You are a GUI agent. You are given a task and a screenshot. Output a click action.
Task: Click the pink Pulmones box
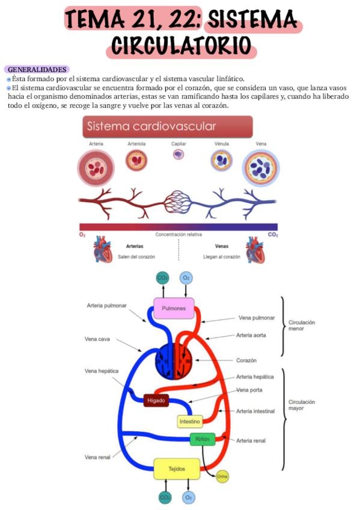(174, 308)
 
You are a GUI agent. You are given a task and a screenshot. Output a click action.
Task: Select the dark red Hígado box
(156, 401)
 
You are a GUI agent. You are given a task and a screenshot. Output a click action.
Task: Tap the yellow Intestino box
(190, 422)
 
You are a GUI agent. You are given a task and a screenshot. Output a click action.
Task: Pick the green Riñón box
(203, 439)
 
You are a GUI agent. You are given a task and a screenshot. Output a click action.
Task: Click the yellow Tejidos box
(177, 469)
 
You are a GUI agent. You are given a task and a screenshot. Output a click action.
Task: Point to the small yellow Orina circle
(222, 476)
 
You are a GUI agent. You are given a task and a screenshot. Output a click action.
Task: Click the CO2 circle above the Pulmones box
(162, 278)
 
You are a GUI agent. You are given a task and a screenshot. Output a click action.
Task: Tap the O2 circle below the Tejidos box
(188, 497)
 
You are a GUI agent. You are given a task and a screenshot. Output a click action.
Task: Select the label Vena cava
(97, 339)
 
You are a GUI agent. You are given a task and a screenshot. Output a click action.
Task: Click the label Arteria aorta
(251, 335)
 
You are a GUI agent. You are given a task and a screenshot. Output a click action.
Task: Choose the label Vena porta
(249, 390)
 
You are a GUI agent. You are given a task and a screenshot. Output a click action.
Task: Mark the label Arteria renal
(251, 441)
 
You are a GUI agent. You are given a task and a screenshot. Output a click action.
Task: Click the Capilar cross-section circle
(178, 154)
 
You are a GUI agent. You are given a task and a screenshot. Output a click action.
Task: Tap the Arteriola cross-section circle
(136, 160)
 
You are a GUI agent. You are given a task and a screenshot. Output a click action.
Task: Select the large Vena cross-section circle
(261, 168)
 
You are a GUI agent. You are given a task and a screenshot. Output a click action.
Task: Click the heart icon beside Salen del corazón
(102, 250)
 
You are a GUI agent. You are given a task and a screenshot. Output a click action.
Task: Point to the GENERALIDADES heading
(37, 70)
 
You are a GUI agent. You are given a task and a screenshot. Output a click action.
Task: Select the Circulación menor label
(302, 325)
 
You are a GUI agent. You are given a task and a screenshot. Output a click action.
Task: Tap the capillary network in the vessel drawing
(178, 202)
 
